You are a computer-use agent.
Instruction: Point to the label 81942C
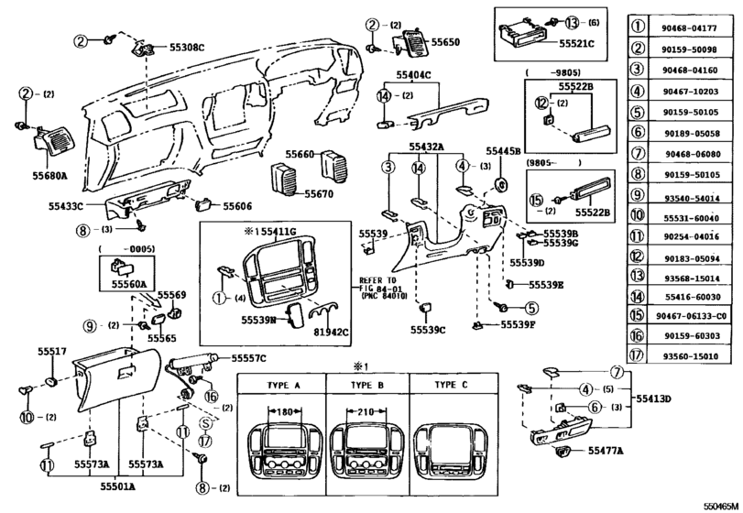(x=332, y=332)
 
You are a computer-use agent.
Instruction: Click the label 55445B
(x=503, y=150)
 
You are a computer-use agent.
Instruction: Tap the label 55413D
(x=654, y=399)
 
